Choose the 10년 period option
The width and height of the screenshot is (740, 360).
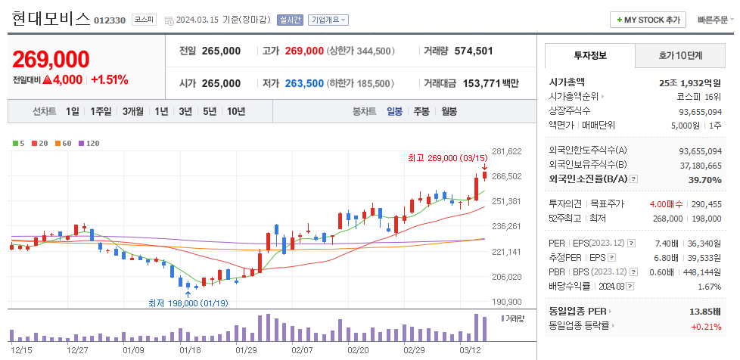(x=235, y=111)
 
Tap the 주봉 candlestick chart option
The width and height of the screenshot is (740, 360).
(x=421, y=111)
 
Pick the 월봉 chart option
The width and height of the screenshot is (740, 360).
(x=449, y=111)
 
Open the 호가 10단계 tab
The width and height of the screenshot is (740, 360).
(x=679, y=55)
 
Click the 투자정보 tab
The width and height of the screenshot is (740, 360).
(x=590, y=55)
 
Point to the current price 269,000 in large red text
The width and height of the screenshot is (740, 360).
(x=51, y=60)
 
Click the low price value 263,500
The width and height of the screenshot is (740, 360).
(x=304, y=83)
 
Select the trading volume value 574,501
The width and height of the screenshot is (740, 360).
(x=474, y=51)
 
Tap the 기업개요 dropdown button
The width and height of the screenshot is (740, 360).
(x=328, y=20)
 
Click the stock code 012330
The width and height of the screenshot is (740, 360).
(x=110, y=20)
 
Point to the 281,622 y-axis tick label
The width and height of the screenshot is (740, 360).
(x=507, y=151)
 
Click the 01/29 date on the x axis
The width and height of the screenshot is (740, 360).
(x=246, y=350)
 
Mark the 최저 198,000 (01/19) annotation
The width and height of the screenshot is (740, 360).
(x=188, y=303)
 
